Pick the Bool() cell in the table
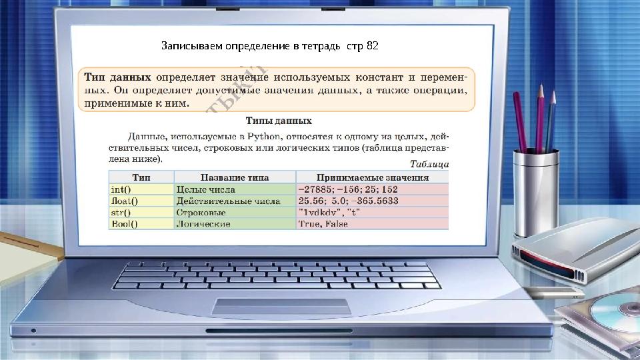(124, 224)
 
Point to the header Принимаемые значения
(372, 177)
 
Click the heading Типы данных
(279, 121)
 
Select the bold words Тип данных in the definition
(117, 77)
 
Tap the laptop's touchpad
(281, 306)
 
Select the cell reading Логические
(203, 224)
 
